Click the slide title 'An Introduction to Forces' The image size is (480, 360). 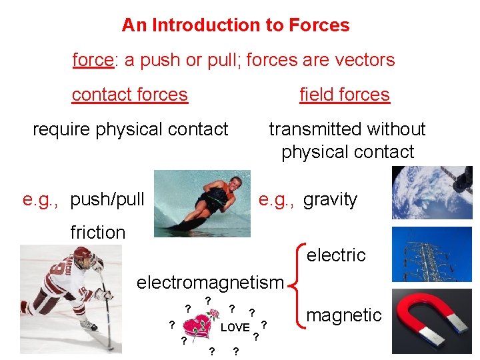click(235, 25)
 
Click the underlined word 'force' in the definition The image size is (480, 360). click(93, 60)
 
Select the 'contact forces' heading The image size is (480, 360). click(129, 95)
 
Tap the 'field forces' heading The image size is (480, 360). click(344, 95)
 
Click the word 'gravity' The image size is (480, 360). click(330, 199)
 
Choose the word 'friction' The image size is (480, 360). click(97, 232)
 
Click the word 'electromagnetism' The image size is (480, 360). click(210, 282)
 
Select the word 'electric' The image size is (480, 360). click(336, 255)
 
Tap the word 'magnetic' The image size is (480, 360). click(344, 315)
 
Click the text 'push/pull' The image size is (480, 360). click(107, 199)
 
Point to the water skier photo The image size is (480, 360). click(202, 203)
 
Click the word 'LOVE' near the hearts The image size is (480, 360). click(235, 327)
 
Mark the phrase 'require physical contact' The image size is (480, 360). click(131, 129)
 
